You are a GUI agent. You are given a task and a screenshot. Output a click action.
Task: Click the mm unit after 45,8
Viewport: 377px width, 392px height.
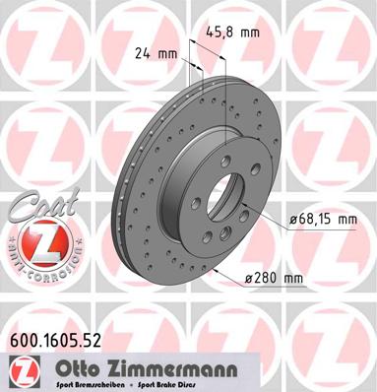[x=252, y=32]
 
